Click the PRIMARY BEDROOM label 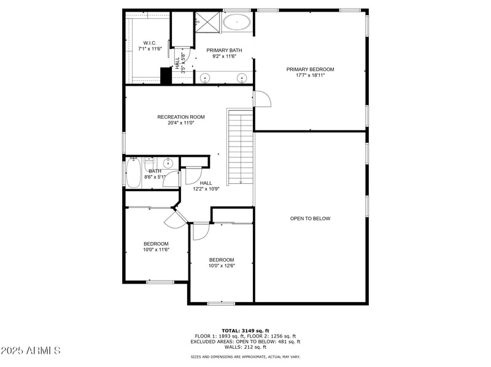pyautogui.click(x=310, y=69)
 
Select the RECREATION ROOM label pyautogui.click(x=180, y=117)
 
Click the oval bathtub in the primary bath pyautogui.click(x=236, y=23)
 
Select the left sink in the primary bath pyautogui.click(x=205, y=78)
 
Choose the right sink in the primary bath pyautogui.click(x=242, y=78)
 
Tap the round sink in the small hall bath pyautogui.click(x=168, y=164)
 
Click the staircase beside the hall pyautogui.click(x=240, y=147)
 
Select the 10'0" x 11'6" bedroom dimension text pyautogui.click(x=157, y=249)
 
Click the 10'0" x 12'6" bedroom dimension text pyautogui.click(x=222, y=266)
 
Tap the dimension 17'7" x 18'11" pyautogui.click(x=310, y=75)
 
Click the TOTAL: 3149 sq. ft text pyautogui.click(x=245, y=330)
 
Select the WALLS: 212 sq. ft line pyautogui.click(x=245, y=347)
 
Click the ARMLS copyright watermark pyautogui.click(x=31, y=351)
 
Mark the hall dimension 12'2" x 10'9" pyautogui.click(x=206, y=189)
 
